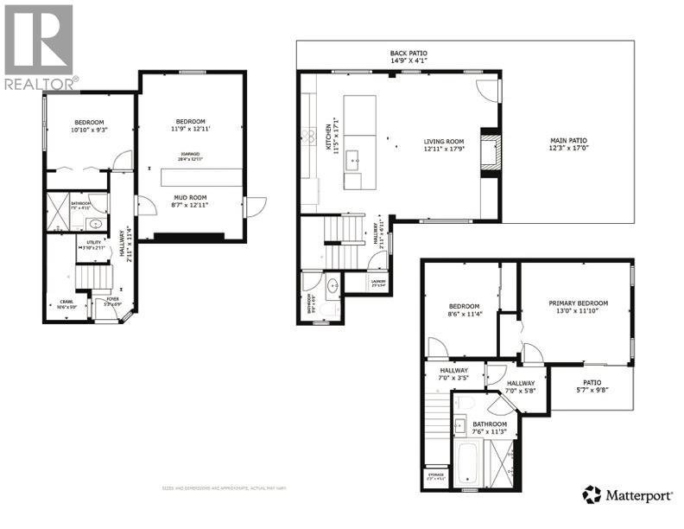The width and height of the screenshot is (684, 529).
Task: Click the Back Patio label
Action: coord(408,58)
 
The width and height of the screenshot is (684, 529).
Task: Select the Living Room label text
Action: coord(444,145)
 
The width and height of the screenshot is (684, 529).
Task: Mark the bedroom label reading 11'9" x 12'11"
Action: coord(190,125)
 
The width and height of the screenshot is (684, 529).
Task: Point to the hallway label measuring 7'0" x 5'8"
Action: coord(520,386)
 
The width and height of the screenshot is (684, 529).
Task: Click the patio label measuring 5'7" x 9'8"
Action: coord(592,386)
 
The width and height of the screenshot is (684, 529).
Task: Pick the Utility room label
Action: coord(94,246)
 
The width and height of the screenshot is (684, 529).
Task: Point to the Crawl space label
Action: coord(66,304)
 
